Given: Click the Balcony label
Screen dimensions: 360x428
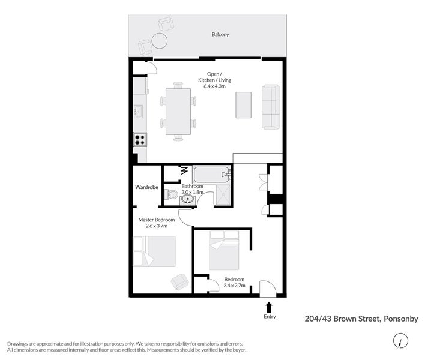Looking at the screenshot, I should [x=220, y=34].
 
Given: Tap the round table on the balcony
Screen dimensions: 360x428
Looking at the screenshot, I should [x=160, y=41].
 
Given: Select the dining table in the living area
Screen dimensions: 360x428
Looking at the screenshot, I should [x=178, y=112].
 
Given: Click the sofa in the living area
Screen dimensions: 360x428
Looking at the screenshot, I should [x=270, y=107].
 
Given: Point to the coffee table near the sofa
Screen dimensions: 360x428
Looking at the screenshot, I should [x=244, y=105].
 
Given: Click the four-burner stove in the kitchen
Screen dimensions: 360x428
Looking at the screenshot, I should [x=140, y=139].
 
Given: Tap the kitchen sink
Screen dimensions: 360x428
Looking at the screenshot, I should [x=138, y=111].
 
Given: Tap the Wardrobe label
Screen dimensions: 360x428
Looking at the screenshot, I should [x=147, y=188].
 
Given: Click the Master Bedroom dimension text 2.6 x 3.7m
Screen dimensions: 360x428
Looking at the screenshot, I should [x=156, y=226].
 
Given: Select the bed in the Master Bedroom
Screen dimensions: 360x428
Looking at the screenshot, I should [x=154, y=251].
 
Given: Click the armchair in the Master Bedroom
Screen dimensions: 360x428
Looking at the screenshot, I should [x=180, y=280].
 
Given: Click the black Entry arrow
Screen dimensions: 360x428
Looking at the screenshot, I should [x=269, y=307].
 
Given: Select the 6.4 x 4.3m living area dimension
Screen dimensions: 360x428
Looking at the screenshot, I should [x=215, y=87].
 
